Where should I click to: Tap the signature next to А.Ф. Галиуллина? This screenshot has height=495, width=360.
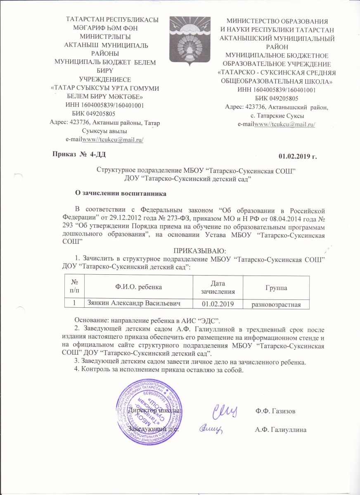pyautogui.click(x=212, y=429)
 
